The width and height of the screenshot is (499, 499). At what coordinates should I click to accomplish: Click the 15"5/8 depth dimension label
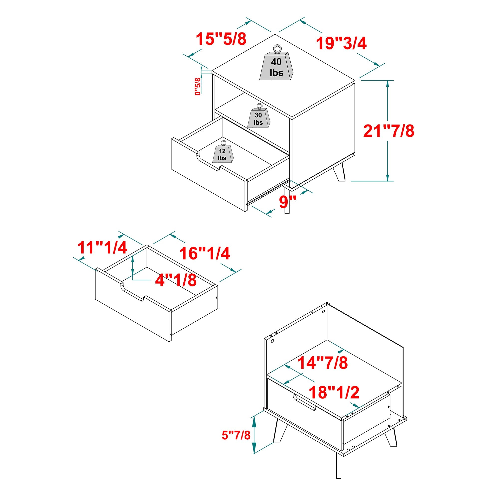click(221, 39)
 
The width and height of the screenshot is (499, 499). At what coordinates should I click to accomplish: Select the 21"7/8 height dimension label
click(389, 131)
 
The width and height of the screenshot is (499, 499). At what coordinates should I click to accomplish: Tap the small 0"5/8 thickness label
click(198, 87)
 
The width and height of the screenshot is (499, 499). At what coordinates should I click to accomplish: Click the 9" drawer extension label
click(287, 202)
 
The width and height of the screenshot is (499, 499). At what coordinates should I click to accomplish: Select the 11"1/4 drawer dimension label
click(102, 248)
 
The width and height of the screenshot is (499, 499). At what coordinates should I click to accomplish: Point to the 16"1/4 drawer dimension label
click(205, 253)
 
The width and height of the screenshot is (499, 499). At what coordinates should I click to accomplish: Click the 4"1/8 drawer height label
click(176, 280)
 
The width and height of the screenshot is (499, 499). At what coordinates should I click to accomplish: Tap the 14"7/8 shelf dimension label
click(323, 363)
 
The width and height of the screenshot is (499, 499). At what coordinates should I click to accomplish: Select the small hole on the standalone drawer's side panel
click(216, 298)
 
